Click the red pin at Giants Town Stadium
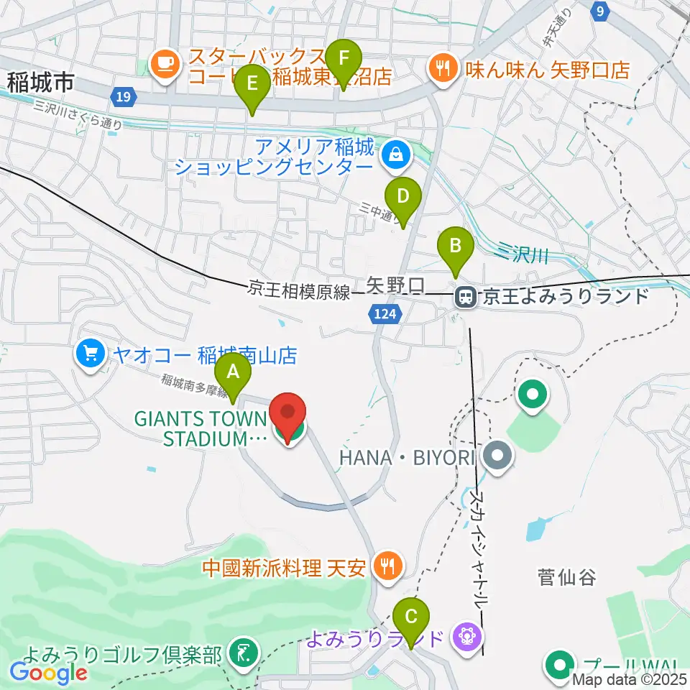pos(288,418)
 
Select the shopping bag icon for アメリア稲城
pos(395,153)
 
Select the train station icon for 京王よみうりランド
pos(466,296)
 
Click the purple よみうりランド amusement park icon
pos(467,636)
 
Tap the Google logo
pos(49,673)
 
